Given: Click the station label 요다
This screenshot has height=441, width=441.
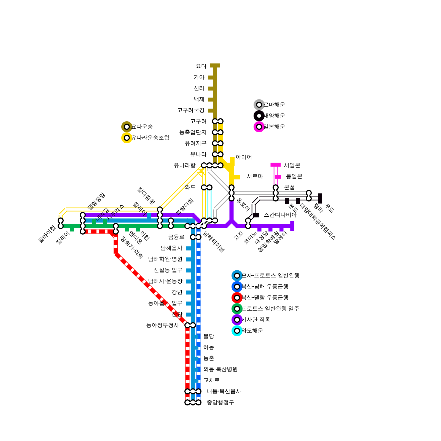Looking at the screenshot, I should pyautogui.click(x=201, y=66).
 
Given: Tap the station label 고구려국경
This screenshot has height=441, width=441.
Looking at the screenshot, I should pyautogui.click(x=191, y=110).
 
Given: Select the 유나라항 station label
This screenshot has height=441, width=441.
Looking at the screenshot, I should pyautogui.click(x=184, y=165).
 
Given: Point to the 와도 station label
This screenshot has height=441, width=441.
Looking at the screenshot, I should pyautogui.click(x=190, y=187).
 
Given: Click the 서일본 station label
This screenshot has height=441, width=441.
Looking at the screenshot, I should pyautogui.click(x=292, y=165).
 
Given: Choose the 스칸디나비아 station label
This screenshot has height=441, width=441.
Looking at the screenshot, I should pyautogui.click(x=280, y=215).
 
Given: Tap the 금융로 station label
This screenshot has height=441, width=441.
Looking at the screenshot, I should pyautogui.click(x=176, y=237).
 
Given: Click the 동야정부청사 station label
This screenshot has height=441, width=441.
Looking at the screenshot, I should pyautogui.click(x=163, y=325).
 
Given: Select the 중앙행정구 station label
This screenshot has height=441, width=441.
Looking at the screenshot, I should pyautogui.click(x=220, y=402).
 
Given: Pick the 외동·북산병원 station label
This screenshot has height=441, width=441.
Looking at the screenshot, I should pyautogui.click(x=220, y=369).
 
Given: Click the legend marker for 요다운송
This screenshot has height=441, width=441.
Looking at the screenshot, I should pyautogui.click(x=127, y=127).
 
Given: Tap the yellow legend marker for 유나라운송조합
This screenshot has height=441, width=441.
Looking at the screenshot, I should pyautogui.click(x=127, y=138).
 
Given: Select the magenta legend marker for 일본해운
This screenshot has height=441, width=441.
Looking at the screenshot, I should pyautogui.click(x=259, y=127).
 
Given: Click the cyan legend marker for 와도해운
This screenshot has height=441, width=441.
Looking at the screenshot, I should pyautogui.click(x=237, y=331).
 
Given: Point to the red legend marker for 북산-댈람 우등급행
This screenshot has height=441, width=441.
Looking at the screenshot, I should pyautogui.click(x=237, y=298).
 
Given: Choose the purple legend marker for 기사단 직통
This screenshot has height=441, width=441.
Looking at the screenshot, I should pyautogui.click(x=237, y=320).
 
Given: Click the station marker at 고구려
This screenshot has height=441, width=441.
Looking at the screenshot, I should pyautogui.click(x=218, y=121).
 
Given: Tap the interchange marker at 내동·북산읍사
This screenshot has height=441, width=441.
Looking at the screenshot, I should pyautogui.click(x=193, y=391).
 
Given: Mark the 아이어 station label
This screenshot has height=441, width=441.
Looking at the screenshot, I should pyautogui.click(x=244, y=157).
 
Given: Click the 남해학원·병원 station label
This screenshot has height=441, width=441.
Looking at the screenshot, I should pyautogui.click(x=165, y=259).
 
